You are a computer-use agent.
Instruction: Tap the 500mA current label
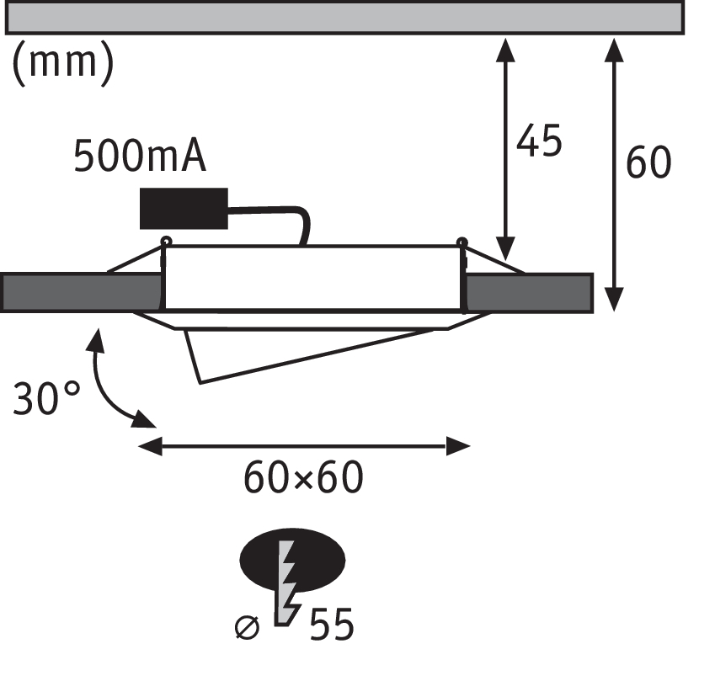coord(140,157)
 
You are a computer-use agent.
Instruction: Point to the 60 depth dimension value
coord(648,162)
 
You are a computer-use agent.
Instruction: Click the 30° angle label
coord(46,398)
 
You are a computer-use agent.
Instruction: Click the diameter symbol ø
coord(247,628)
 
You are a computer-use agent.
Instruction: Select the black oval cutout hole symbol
coord(316,558)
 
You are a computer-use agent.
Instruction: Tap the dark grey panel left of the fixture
coord(81,292)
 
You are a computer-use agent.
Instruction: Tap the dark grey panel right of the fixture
coord(529,292)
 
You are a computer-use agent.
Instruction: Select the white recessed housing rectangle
coord(312,278)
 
